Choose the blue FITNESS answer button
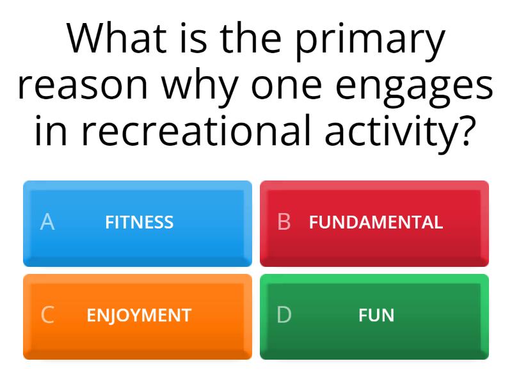pos(138,223)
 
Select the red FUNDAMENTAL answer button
pos(374,223)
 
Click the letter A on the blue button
pos(47,222)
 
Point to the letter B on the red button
pos(284,222)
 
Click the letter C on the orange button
pos(47,315)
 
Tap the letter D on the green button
pos(284,315)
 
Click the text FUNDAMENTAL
pos(376,222)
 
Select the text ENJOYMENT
pos(139,315)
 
